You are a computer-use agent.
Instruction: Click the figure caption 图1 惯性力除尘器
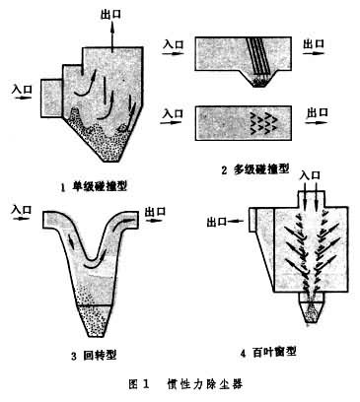click(185, 384)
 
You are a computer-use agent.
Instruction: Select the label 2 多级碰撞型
click(255, 169)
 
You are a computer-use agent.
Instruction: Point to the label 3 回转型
click(94, 356)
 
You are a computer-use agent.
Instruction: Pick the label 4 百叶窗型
click(269, 353)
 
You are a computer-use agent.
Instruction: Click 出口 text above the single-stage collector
click(111, 15)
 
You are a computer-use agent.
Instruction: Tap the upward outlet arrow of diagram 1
click(112, 36)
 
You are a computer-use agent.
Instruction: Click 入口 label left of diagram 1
click(22, 89)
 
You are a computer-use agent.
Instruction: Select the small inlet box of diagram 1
click(51, 98)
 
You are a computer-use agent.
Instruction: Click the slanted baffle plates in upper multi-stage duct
click(258, 56)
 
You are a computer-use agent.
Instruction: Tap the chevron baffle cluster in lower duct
click(263, 123)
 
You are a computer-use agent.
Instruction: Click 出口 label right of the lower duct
click(318, 112)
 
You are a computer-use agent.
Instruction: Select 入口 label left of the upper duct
click(174, 43)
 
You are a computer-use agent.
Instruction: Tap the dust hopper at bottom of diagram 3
click(95, 321)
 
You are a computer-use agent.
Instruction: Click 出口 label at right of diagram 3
click(155, 211)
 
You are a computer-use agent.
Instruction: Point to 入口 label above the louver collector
click(310, 175)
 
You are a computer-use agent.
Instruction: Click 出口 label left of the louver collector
click(217, 223)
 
